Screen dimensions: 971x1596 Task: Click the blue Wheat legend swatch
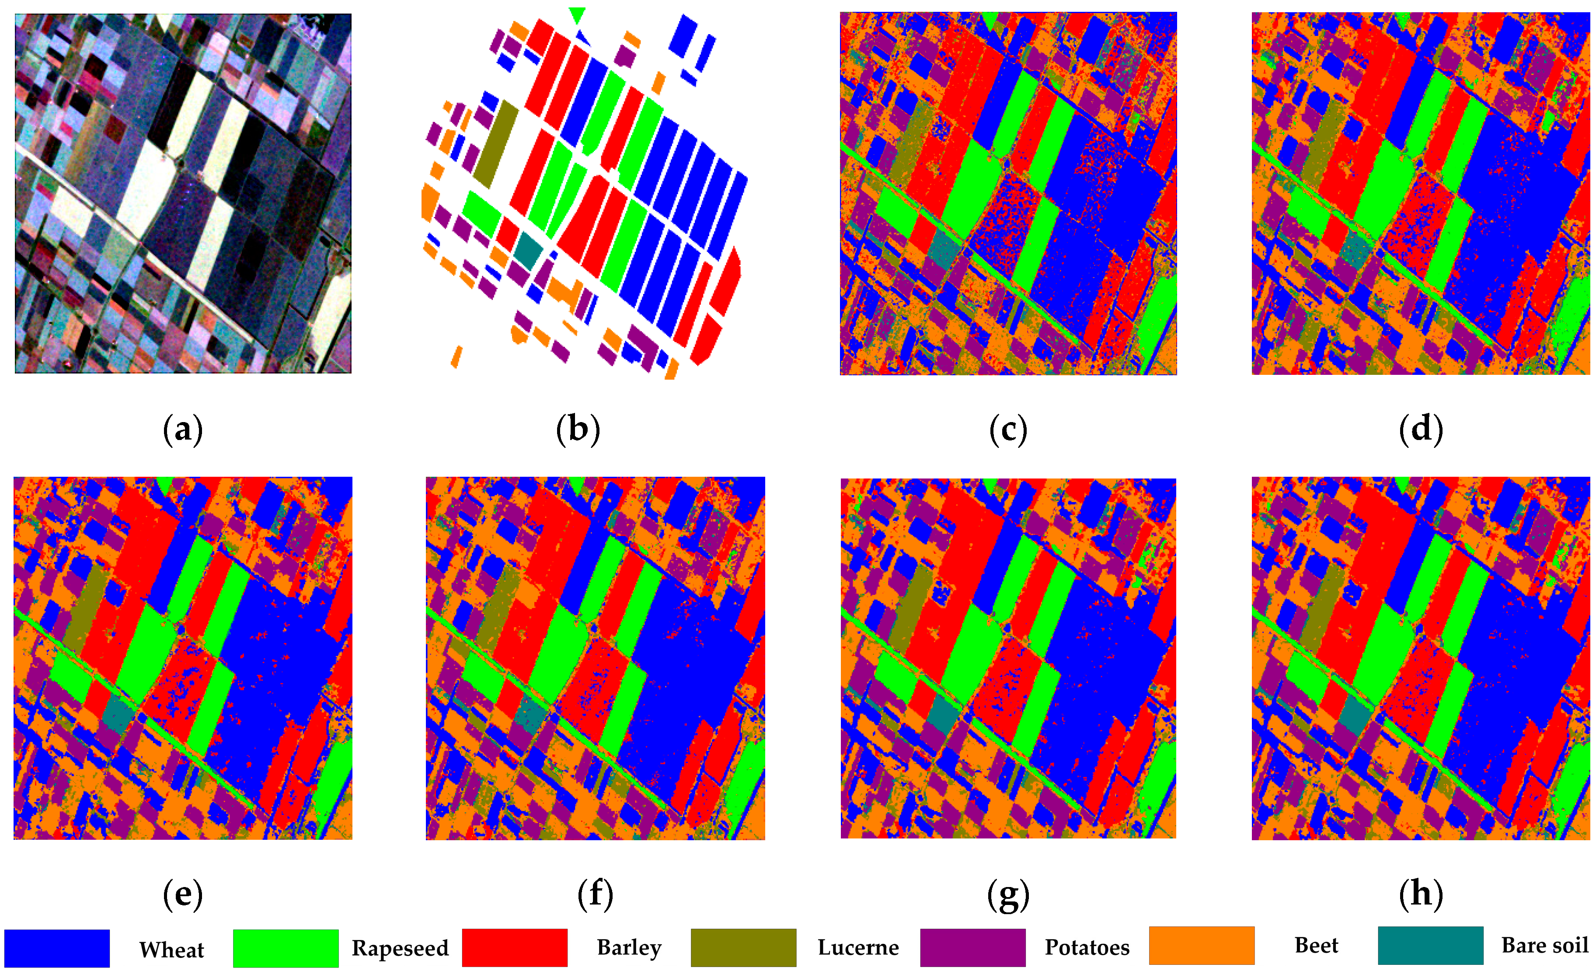57,948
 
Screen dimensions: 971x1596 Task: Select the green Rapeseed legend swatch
286,948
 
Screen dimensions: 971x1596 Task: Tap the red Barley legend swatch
514,947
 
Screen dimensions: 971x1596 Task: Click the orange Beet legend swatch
1202,946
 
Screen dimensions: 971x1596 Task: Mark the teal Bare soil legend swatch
1430,946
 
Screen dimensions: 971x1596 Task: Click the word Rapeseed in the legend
400,948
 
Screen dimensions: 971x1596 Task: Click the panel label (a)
183,430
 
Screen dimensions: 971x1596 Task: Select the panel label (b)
578,430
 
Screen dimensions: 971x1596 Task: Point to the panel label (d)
1421,430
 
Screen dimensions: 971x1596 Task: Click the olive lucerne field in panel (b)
495,144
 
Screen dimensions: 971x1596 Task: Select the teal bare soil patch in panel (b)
529,251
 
